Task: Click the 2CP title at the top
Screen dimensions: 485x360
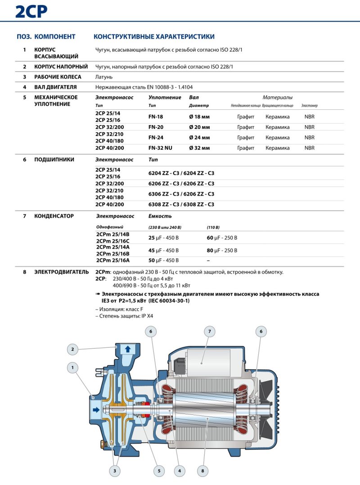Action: click(x=31, y=11)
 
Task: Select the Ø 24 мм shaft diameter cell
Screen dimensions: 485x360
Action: click(x=199, y=138)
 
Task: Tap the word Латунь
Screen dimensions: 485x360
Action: click(x=104, y=77)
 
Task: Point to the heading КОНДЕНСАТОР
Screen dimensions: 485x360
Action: click(x=54, y=216)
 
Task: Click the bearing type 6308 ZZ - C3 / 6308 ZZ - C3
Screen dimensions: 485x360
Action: click(x=181, y=204)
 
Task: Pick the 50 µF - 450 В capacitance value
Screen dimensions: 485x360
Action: click(x=163, y=260)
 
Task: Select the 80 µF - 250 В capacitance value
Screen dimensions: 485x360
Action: click(x=222, y=250)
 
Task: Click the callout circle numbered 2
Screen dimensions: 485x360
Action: click(x=72, y=348)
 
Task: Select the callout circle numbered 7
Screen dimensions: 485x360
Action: click(x=209, y=332)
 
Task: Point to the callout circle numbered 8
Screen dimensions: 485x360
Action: click(x=203, y=471)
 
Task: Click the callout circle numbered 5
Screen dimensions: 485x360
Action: click(x=159, y=471)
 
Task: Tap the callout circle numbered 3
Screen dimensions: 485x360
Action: click(x=115, y=471)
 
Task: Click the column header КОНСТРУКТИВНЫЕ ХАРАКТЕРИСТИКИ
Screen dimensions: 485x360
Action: click(x=153, y=36)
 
